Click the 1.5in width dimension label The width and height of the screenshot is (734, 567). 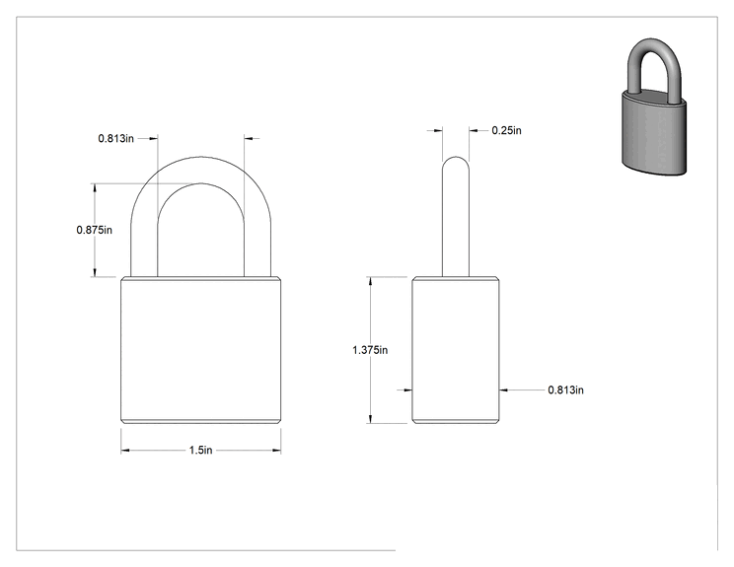tap(200, 450)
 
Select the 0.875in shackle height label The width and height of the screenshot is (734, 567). tap(94, 230)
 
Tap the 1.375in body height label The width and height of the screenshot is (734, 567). tap(370, 350)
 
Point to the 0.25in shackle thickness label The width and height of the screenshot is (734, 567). tap(506, 130)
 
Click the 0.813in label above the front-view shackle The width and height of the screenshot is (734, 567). tap(115, 138)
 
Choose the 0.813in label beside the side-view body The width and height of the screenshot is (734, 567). tap(565, 390)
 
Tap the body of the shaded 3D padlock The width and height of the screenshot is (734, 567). tap(654, 133)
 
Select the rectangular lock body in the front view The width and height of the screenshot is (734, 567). tap(201, 350)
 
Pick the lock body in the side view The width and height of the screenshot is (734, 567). tap(456, 350)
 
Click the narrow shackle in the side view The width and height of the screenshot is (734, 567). tap(456, 216)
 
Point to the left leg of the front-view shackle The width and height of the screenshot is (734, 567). tap(144, 244)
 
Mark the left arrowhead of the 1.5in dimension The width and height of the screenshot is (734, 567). tap(125, 451)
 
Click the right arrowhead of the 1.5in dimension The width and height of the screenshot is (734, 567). tap(276, 451)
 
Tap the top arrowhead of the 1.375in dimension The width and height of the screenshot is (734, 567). tap(370, 281)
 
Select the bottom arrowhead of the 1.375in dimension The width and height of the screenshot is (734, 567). tap(370, 419)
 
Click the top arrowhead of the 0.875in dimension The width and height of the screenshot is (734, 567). tap(95, 188)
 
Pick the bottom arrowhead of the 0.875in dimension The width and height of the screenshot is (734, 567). tap(95, 272)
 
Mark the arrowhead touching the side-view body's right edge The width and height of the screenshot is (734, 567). tap(504, 390)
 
